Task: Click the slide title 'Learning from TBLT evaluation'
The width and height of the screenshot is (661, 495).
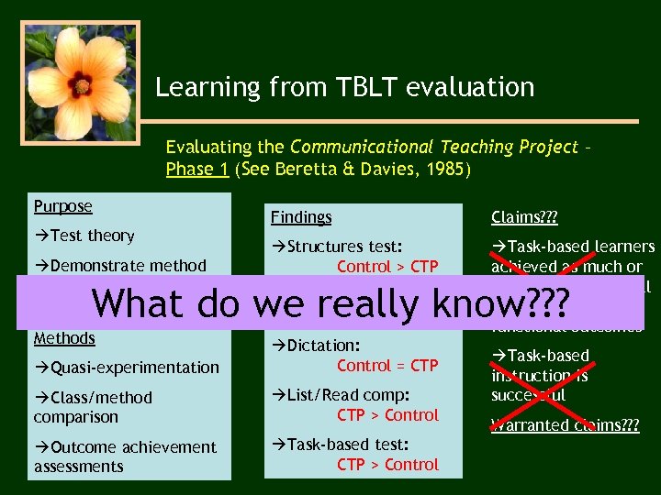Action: (x=344, y=88)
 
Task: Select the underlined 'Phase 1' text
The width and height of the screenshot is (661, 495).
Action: (x=196, y=170)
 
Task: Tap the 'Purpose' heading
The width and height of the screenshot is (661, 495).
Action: (x=62, y=207)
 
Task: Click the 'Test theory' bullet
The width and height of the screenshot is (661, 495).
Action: (x=84, y=236)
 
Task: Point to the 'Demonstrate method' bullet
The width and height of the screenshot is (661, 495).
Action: (x=120, y=266)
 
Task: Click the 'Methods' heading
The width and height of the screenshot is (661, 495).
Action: (x=64, y=338)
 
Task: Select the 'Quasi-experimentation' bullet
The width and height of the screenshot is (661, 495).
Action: (x=127, y=368)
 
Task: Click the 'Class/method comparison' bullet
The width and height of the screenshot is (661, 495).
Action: (x=93, y=407)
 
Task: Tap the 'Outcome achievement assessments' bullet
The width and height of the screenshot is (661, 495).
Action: (x=125, y=456)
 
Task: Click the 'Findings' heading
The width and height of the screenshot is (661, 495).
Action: (x=300, y=217)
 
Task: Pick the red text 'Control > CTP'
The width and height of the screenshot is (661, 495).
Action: (x=387, y=267)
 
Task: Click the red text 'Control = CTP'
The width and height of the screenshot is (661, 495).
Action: (x=387, y=366)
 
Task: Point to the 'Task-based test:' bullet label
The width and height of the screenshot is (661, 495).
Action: (x=340, y=445)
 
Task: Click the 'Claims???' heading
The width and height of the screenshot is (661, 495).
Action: (x=524, y=217)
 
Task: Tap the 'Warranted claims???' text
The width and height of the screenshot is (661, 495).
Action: (x=565, y=425)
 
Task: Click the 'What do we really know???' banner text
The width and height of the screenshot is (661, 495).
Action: (x=330, y=302)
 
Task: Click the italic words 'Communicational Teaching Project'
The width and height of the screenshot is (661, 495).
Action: (x=433, y=148)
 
